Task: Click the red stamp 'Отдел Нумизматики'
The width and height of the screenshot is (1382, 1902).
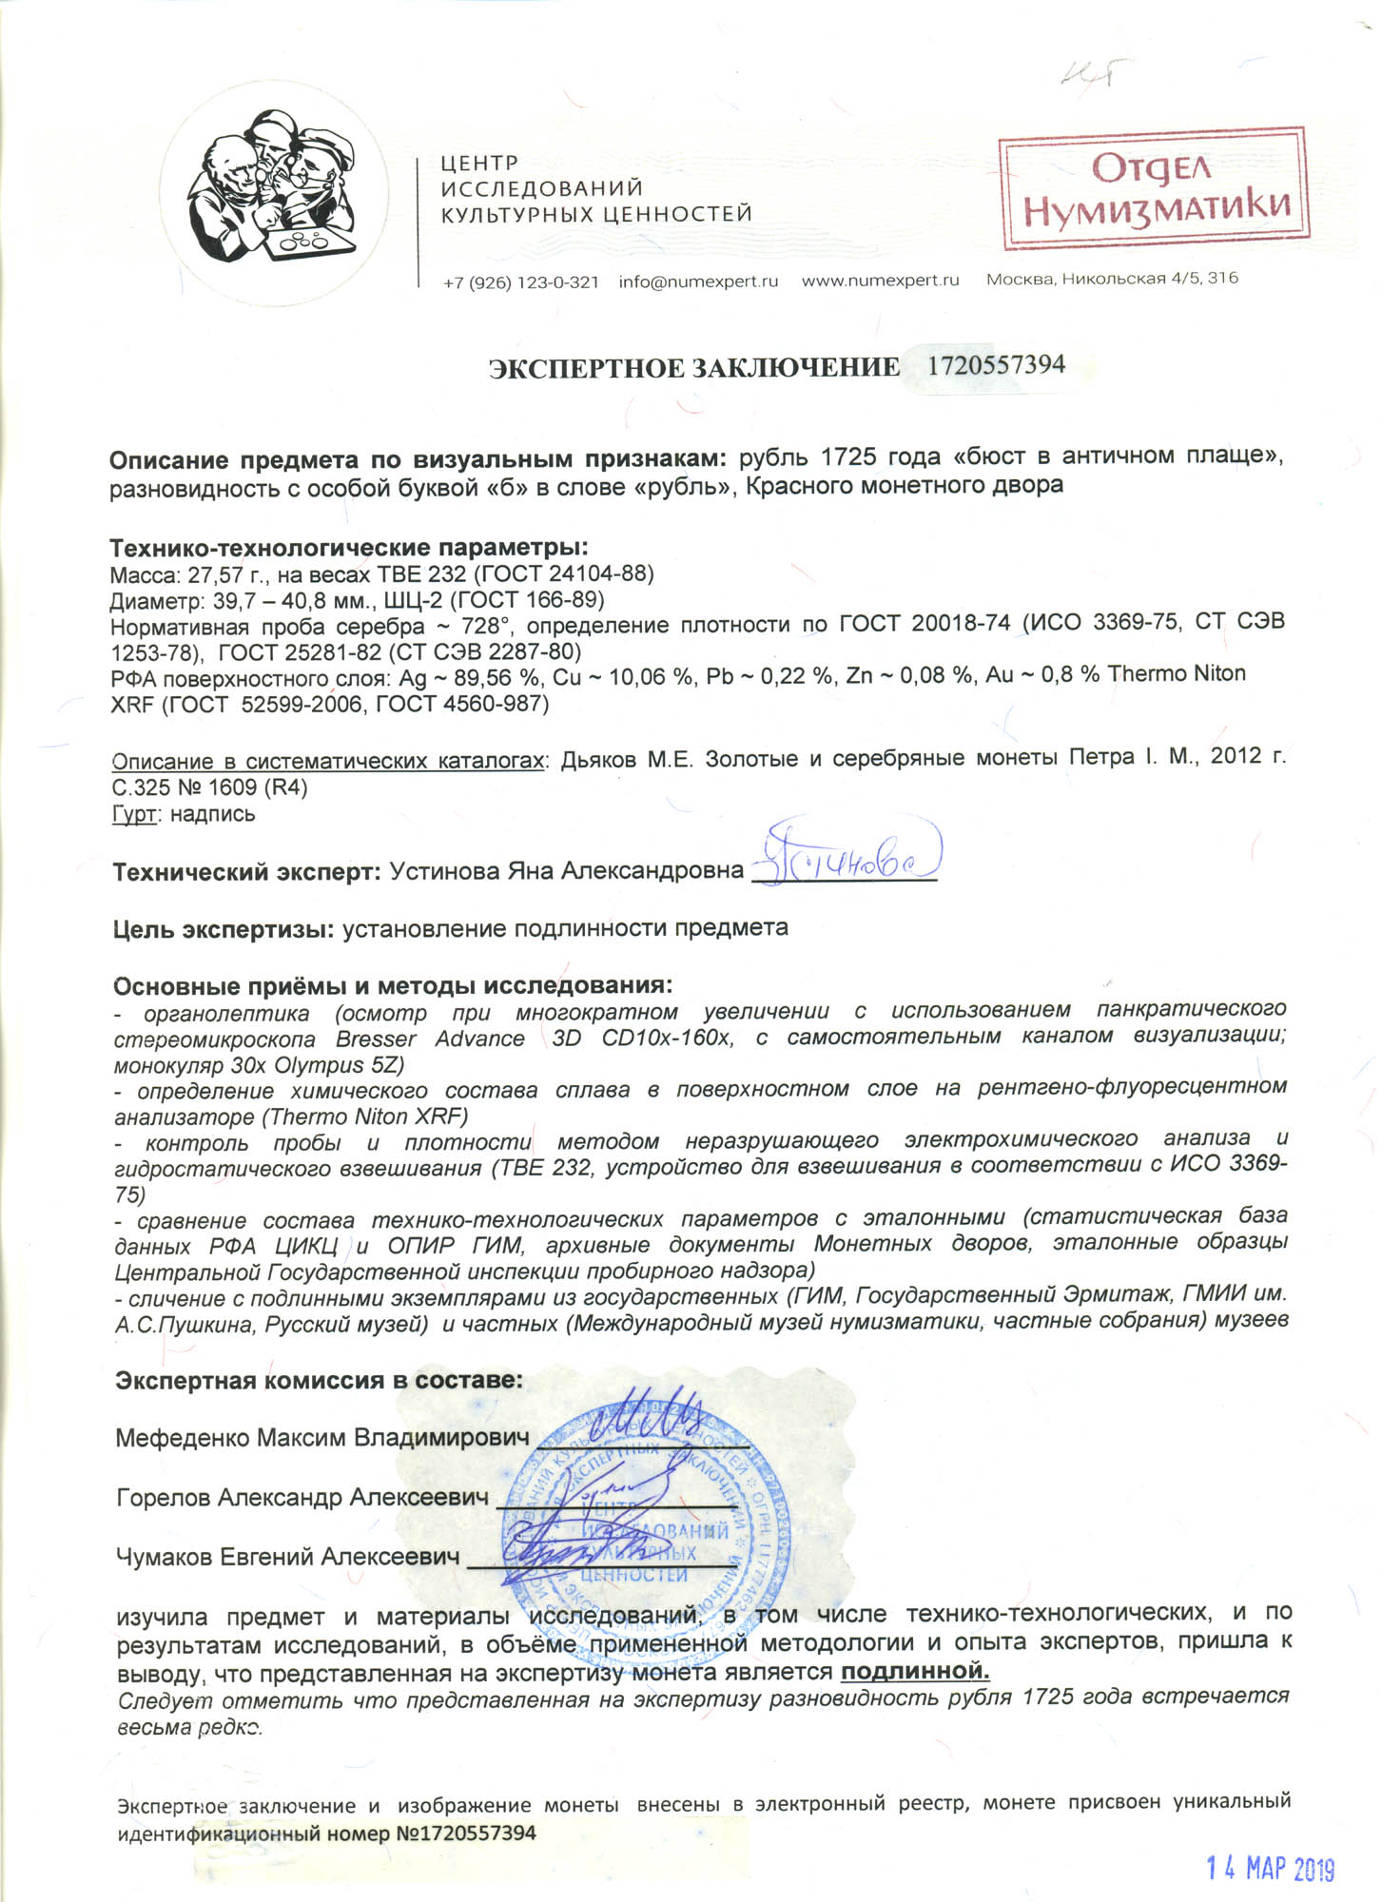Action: (x=1153, y=188)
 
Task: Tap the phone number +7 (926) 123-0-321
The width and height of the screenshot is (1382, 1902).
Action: (x=520, y=282)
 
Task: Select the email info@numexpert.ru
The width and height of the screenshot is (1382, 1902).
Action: (x=698, y=281)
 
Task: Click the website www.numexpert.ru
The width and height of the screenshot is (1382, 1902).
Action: (x=880, y=281)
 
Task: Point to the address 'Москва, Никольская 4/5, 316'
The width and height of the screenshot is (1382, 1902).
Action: (x=1112, y=279)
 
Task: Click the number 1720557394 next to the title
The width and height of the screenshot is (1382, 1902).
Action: (x=996, y=365)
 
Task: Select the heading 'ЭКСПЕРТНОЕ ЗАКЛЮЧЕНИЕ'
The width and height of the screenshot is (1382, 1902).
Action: (x=693, y=368)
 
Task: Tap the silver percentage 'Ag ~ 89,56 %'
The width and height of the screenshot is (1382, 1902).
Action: (x=471, y=676)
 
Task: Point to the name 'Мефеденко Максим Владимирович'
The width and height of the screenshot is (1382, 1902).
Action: (x=321, y=1437)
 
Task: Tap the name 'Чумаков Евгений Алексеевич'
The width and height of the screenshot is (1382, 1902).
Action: (x=287, y=1557)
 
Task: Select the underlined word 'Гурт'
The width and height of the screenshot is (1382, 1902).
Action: (x=134, y=814)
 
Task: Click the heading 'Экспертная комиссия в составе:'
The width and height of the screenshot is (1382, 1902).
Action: (x=319, y=1380)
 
